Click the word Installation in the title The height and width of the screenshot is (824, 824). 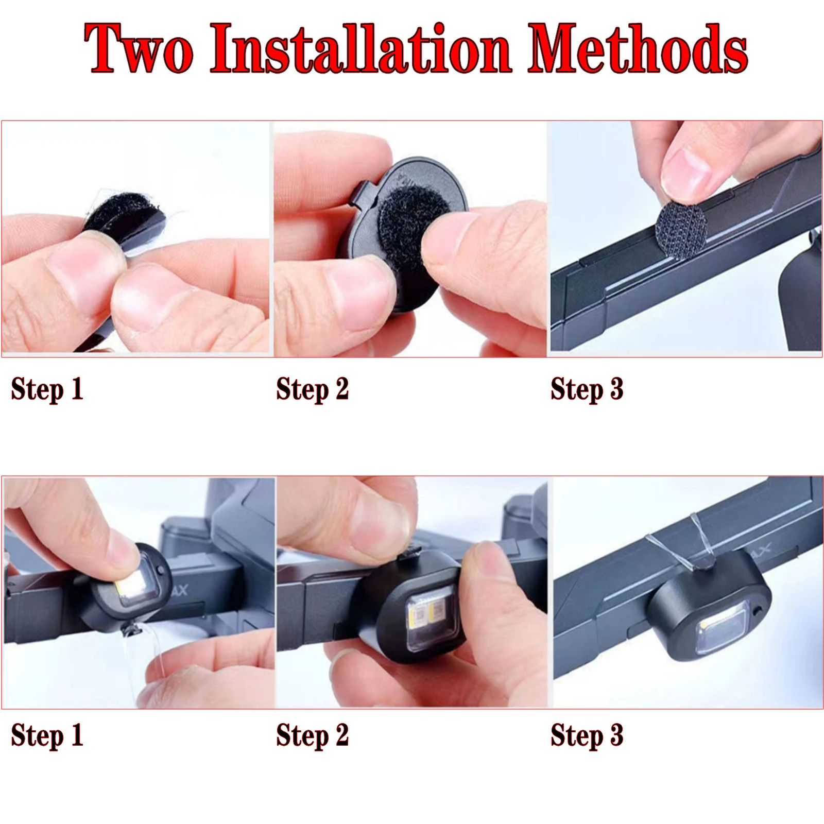(x=360, y=49)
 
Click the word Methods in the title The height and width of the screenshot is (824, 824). (x=638, y=49)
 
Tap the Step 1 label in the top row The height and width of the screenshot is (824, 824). (x=47, y=389)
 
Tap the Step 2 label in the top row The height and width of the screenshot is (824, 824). (x=312, y=389)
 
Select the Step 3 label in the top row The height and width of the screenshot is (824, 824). (x=587, y=389)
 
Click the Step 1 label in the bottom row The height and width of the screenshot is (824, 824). (x=47, y=735)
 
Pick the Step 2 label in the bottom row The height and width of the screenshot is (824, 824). (x=312, y=735)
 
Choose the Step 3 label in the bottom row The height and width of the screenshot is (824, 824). (x=587, y=735)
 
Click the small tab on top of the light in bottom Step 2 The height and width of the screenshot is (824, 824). (x=410, y=554)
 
